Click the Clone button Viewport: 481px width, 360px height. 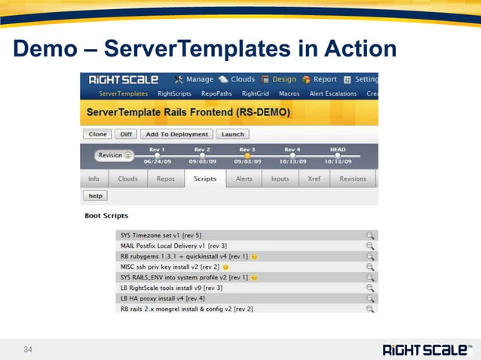(x=97, y=134)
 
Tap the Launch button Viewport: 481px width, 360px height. (x=232, y=134)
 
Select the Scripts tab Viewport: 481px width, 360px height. (x=204, y=179)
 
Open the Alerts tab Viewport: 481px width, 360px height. (x=244, y=179)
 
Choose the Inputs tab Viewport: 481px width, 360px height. (x=280, y=179)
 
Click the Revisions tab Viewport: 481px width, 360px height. (x=352, y=179)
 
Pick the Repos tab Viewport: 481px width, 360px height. (x=166, y=179)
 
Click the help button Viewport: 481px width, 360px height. (x=95, y=196)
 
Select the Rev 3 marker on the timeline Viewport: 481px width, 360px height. (x=247, y=156)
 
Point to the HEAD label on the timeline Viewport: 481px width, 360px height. (x=337, y=149)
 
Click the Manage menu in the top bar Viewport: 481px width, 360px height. (x=194, y=79)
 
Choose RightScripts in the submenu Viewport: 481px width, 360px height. (x=174, y=94)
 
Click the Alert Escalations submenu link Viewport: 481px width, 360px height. (x=332, y=94)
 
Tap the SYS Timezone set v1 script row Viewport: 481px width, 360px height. (x=161, y=235)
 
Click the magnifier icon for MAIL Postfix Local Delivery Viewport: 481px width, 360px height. (x=369, y=246)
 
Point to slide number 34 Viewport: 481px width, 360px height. (x=29, y=349)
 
